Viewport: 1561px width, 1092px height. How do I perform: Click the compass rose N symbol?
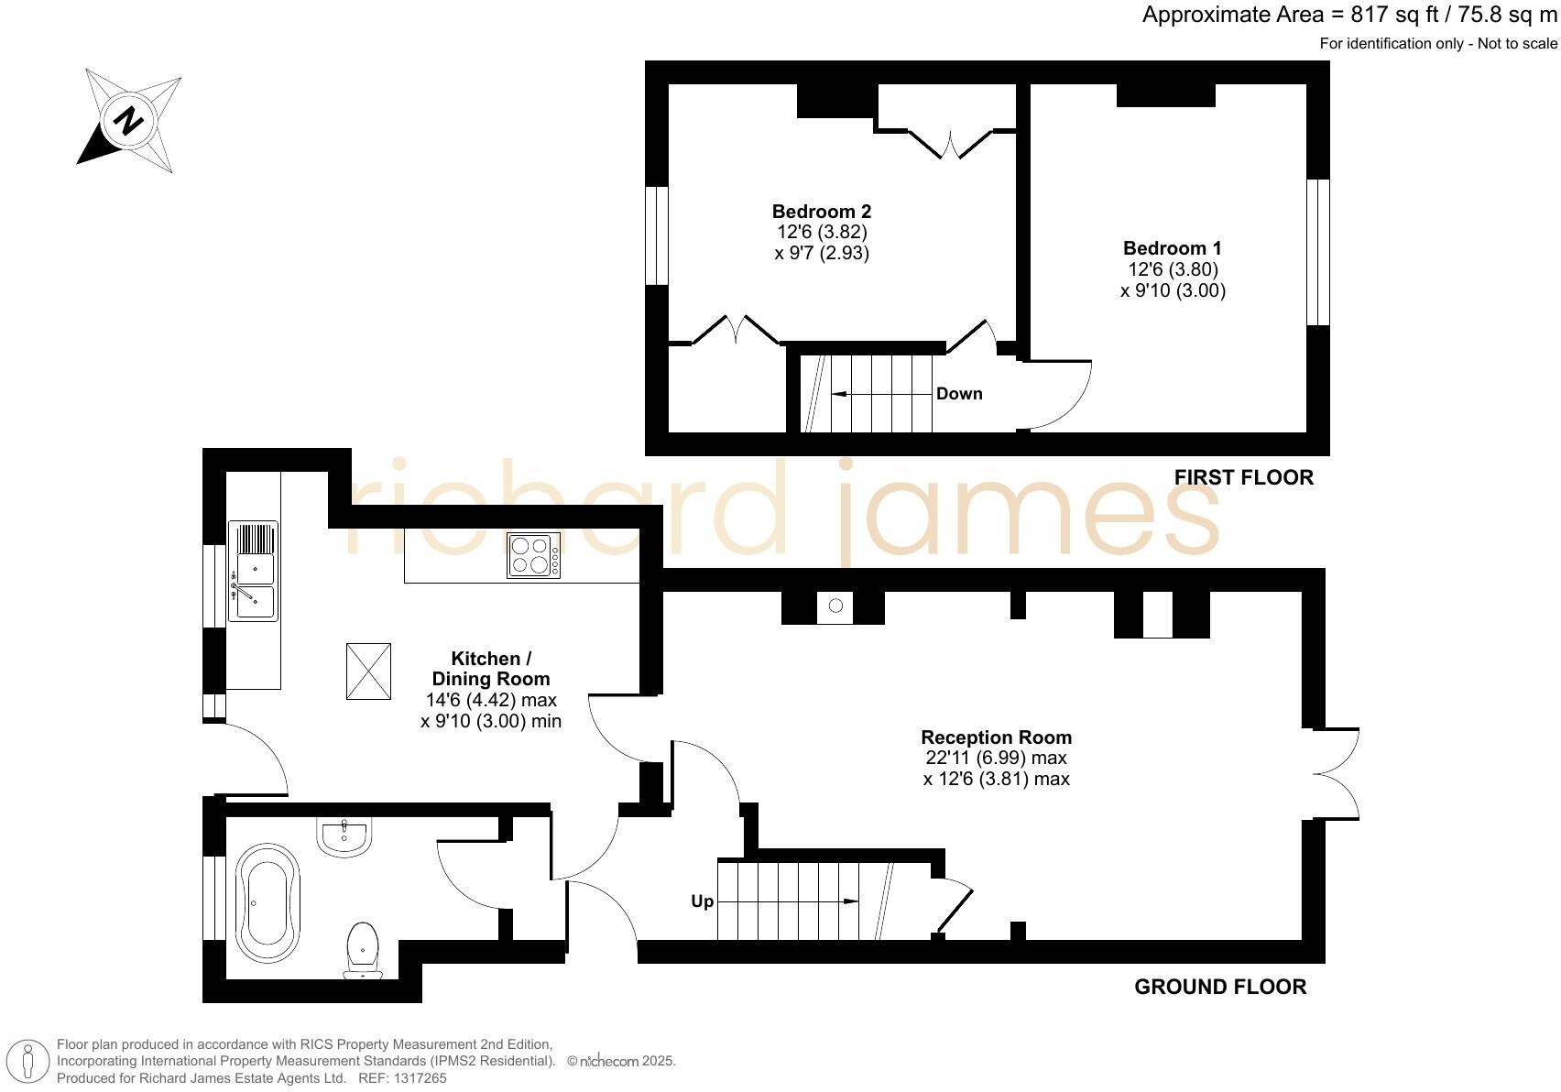[127, 121]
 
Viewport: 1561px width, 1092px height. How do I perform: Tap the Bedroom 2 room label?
[821, 212]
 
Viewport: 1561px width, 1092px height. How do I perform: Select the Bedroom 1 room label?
[1172, 248]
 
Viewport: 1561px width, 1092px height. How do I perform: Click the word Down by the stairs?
[958, 394]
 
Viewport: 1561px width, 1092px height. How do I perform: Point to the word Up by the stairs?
[702, 901]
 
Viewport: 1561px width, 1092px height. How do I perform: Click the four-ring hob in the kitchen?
[533, 555]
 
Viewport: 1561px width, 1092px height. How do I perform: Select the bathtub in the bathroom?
[267, 902]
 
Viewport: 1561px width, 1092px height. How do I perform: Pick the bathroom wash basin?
[344, 836]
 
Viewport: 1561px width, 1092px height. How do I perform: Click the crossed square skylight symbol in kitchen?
[368, 672]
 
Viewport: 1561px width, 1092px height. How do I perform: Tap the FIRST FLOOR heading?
[1243, 477]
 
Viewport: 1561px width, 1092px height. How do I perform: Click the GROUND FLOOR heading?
[1219, 987]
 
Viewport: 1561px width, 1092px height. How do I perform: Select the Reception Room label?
[996, 737]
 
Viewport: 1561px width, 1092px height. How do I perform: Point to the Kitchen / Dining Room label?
[491, 669]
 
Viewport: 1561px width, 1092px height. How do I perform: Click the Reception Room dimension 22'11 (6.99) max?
[996, 759]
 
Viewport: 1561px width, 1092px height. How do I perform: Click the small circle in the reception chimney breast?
[835, 606]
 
